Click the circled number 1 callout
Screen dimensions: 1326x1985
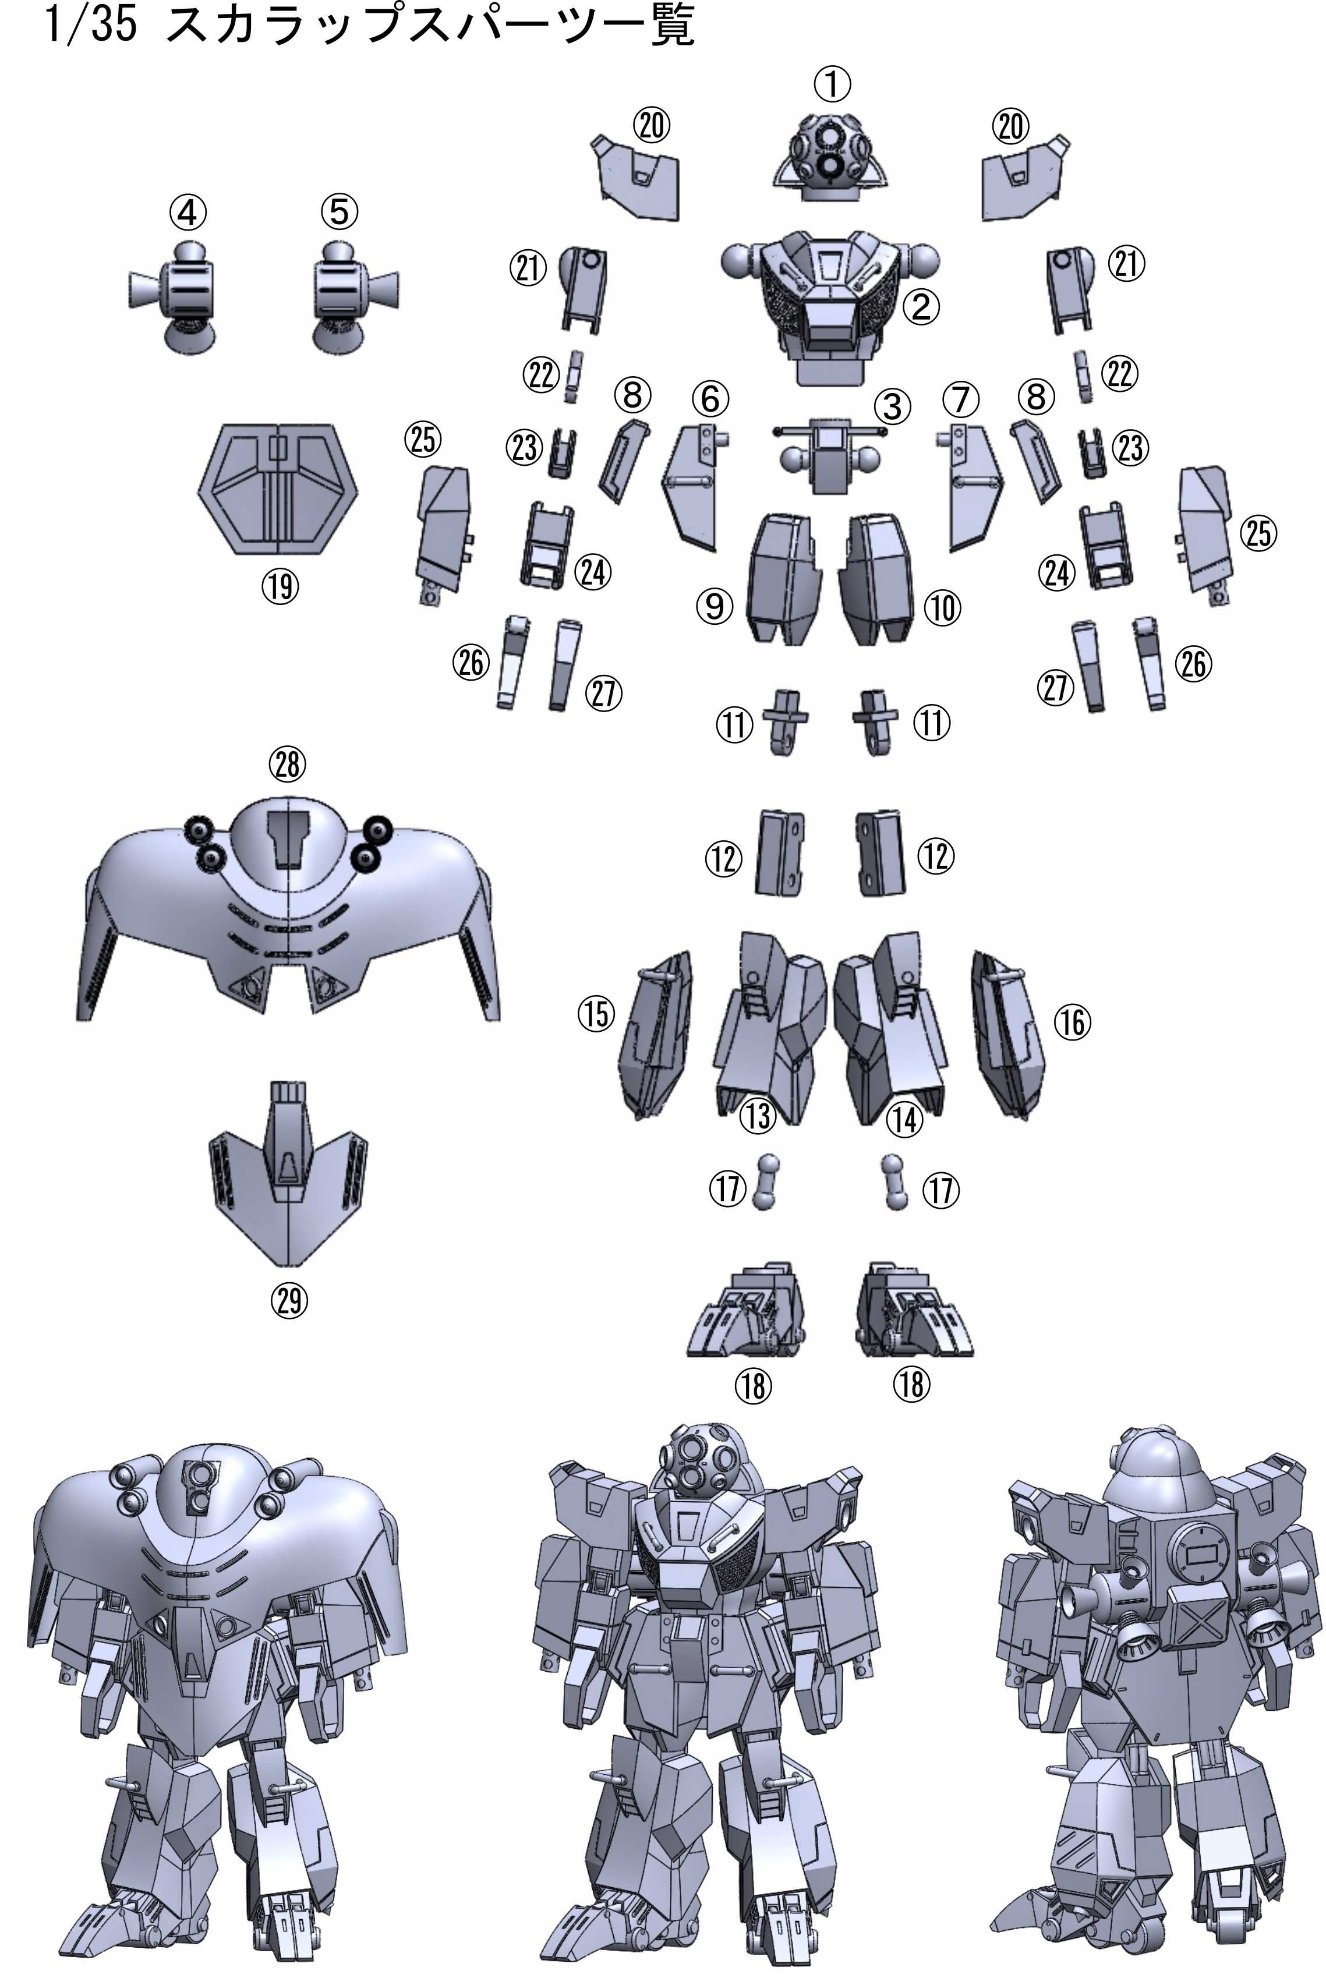pyautogui.click(x=832, y=84)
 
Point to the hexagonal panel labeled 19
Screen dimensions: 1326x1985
pyautogui.click(x=277, y=490)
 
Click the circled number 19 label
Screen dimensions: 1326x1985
pyautogui.click(x=281, y=585)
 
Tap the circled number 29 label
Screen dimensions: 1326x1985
pyautogui.click(x=289, y=1301)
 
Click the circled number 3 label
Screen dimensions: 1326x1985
pyautogui.click(x=892, y=406)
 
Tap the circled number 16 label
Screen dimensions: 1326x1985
pyautogui.click(x=1072, y=1023)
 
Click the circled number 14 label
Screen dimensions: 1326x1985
pyautogui.click(x=904, y=1120)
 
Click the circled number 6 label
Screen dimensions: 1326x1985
pyautogui.click(x=710, y=399)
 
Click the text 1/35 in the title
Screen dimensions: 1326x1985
pyautogui.click(x=90, y=26)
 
